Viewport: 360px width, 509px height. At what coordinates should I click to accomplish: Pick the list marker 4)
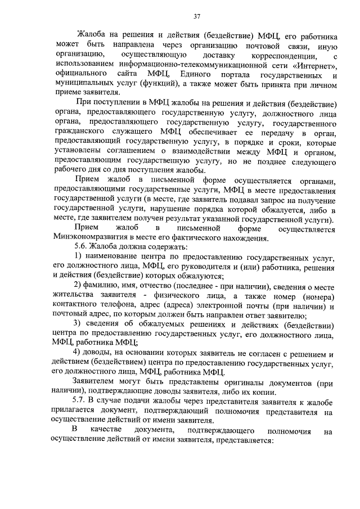pyautogui.click(x=80, y=353)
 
